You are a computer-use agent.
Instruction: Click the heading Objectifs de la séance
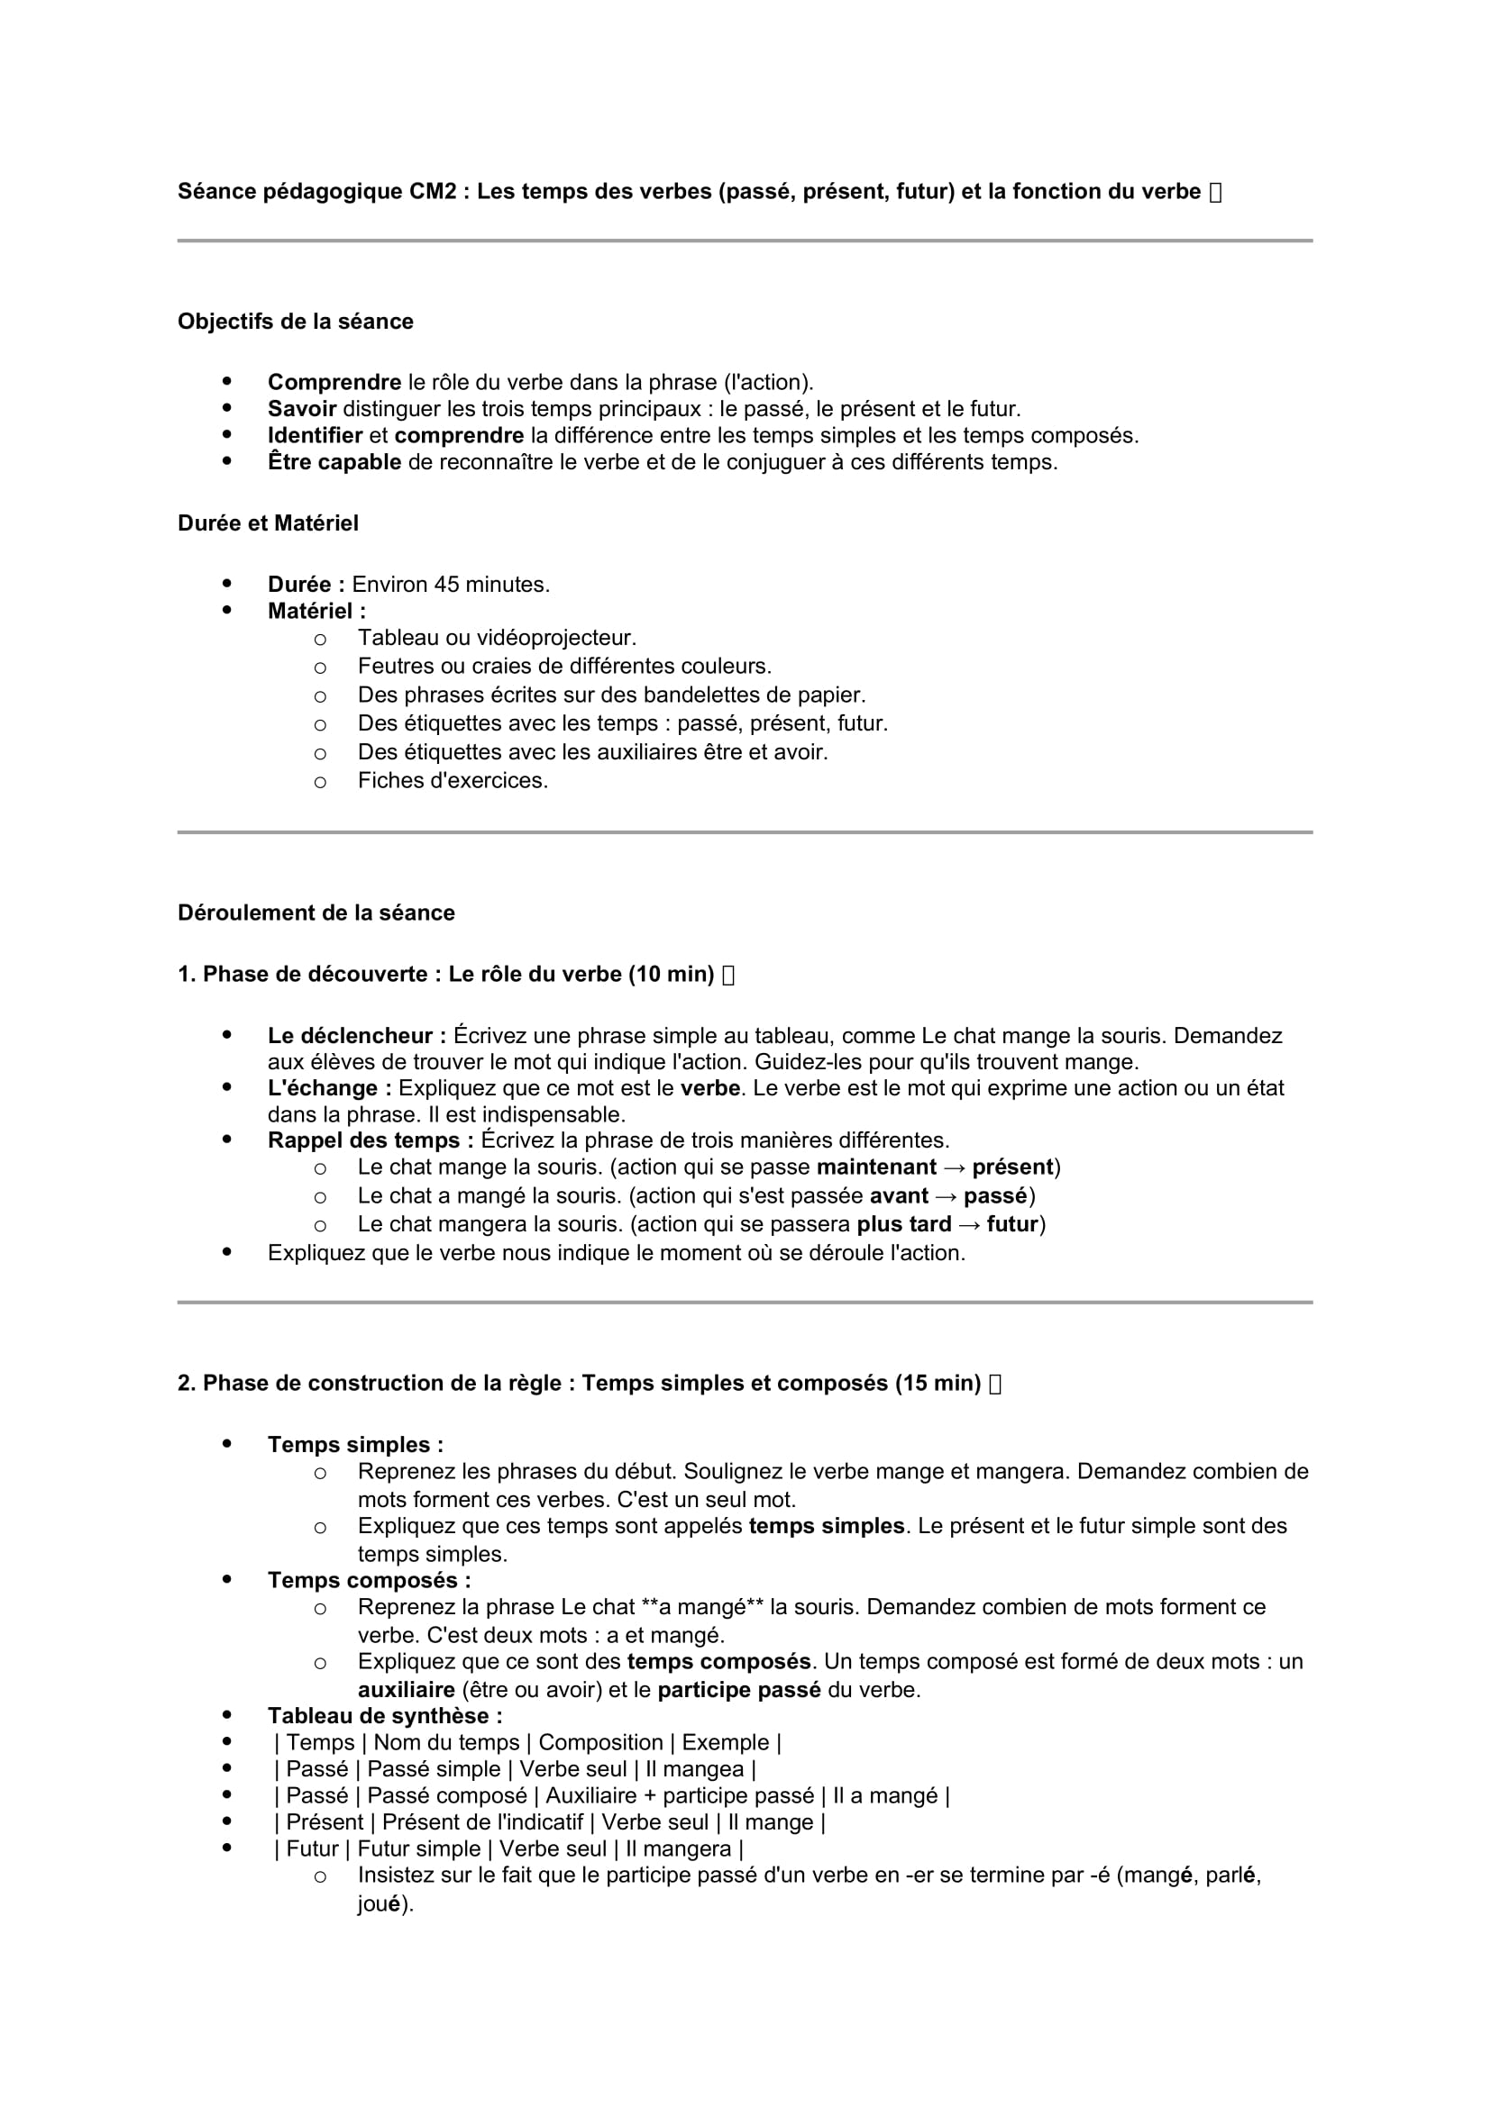pyautogui.click(x=295, y=322)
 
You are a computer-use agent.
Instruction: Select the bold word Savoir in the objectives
pyautogui.click(x=302, y=408)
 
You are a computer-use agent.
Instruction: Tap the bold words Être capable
pyautogui.click(x=334, y=461)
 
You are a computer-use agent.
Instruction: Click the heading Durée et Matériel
pyautogui.click(x=268, y=523)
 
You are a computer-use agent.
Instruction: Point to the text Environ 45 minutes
pyautogui.click(x=451, y=585)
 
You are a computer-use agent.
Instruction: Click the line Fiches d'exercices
pyautogui.click(x=453, y=780)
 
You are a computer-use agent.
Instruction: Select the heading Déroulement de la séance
pyautogui.click(x=316, y=913)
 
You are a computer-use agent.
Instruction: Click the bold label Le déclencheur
pyautogui.click(x=356, y=1035)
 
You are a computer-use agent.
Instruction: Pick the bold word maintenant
pyautogui.click(x=876, y=1167)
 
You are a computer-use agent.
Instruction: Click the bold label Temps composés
pyautogui.click(x=369, y=1579)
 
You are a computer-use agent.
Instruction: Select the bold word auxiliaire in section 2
pyautogui.click(x=406, y=1689)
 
